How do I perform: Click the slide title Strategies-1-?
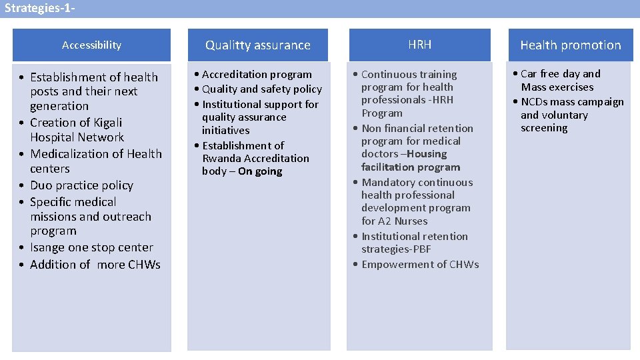click(39, 9)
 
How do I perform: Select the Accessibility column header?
click(91, 45)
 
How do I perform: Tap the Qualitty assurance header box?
click(257, 45)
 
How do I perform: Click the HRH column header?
click(419, 45)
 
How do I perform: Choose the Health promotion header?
click(570, 45)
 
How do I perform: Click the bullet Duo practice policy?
click(81, 185)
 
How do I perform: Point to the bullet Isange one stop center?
click(91, 247)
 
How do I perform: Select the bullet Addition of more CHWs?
click(95, 265)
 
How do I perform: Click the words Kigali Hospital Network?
click(77, 130)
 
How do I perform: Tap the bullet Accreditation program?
click(257, 75)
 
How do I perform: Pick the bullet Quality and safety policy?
click(261, 89)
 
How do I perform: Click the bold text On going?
click(260, 171)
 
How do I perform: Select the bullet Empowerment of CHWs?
click(420, 265)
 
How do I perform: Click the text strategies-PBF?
click(396, 249)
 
